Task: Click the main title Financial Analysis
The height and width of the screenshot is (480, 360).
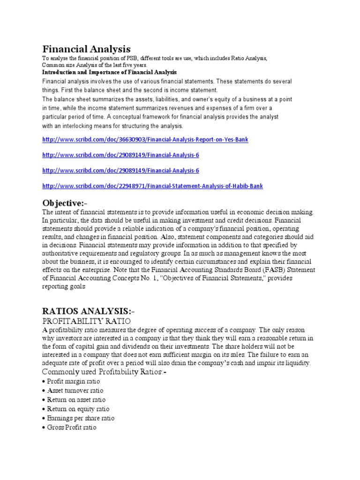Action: pos(86,49)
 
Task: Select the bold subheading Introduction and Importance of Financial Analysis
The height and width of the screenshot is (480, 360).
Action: pos(109,72)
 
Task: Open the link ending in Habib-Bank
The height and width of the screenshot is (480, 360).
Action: pos(152,186)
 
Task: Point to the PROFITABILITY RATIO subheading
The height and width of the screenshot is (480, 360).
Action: pos(86,321)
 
